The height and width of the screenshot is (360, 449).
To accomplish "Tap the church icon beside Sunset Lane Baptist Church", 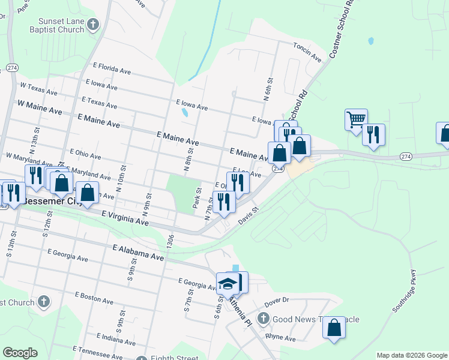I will [x=92, y=24].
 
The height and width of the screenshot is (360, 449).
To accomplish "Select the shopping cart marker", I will [x=356, y=119].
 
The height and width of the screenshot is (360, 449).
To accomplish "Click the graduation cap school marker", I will [x=228, y=283].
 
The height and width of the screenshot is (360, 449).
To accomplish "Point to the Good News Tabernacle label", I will [x=316, y=319].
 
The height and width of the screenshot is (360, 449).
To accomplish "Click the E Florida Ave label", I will [x=112, y=70].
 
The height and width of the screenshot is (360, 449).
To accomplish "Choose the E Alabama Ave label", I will [x=138, y=251].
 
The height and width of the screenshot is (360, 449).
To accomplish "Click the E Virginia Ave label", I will [x=125, y=218].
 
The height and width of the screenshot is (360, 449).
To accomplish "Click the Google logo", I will [x=20, y=353].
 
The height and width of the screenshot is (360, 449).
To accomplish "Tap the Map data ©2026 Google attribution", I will [x=412, y=355].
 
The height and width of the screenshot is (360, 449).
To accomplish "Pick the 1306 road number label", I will [x=170, y=238].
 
